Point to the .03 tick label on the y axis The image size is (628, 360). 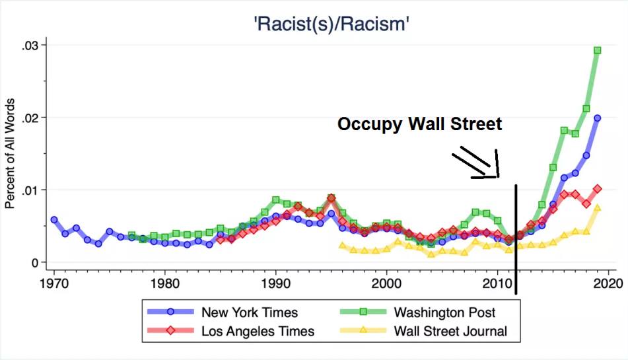30,45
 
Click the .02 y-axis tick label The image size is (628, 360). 30,118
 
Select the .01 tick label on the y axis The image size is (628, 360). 30,190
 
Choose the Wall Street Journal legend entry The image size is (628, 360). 450,331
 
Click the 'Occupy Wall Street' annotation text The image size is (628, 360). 420,124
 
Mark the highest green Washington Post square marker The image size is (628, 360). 597,50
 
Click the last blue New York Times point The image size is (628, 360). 597,118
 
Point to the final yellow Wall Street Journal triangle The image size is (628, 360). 597,208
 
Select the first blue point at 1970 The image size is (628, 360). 54,220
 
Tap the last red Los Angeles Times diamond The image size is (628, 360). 597,189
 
